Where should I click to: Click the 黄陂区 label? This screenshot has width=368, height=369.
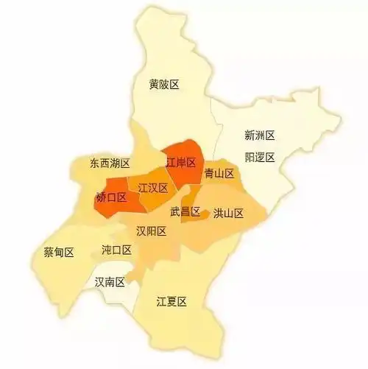tap(164, 85)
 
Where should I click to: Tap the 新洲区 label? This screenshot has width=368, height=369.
tap(260, 136)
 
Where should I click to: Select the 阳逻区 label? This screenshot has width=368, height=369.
tap(260, 157)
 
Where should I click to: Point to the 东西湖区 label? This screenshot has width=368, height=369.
tap(110, 163)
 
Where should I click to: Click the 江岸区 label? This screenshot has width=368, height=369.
tap(180, 162)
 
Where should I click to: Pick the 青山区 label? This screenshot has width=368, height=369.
tap(219, 174)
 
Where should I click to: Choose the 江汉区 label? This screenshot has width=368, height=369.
tap(153, 188)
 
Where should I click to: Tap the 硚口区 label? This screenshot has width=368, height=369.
tap(111, 197)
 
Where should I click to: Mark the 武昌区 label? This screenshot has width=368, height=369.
tap(185, 212)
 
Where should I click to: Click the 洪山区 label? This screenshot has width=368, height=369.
tap(228, 214)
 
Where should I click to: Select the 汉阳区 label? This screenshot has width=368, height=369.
tap(151, 231)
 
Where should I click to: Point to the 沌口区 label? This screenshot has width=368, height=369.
tap(116, 250)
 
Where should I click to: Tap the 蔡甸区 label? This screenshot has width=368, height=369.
tap(60, 253)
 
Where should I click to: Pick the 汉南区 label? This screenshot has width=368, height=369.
tap(110, 282)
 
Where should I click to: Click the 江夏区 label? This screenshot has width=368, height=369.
tap(172, 301)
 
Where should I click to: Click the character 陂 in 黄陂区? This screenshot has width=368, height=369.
tap(164, 85)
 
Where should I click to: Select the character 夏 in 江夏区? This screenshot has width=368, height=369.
tap(172, 301)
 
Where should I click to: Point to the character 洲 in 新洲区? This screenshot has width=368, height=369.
tap(260, 136)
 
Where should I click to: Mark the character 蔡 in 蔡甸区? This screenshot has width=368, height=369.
tap(49, 253)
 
